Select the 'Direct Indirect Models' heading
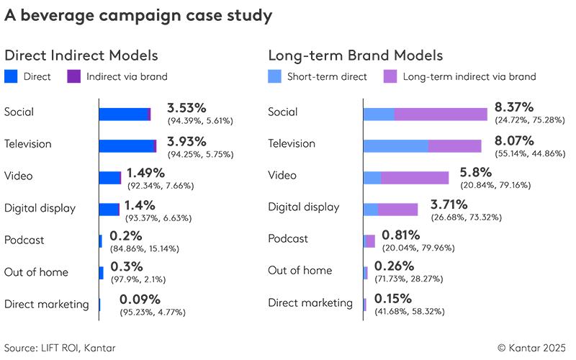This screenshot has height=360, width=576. [x=81, y=55]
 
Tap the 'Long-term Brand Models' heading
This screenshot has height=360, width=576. [x=355, y=55]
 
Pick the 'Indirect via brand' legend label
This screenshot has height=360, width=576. [x=127, y=76]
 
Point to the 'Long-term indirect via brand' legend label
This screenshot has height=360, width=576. [x=469, y=76]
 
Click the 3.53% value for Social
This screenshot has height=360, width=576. [x=186, y=108]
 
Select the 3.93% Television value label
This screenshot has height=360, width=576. [x=186, y=140]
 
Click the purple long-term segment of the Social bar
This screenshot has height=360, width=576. [x=441, y=114]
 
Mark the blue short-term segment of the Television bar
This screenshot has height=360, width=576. [x=396, y=146]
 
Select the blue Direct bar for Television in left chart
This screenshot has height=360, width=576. [x=127, y=146]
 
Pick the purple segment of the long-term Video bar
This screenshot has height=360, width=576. [x=415, y=178]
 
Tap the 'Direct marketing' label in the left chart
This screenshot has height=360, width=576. [x=46, y=304]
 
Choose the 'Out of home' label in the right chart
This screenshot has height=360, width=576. [x=300, y=271]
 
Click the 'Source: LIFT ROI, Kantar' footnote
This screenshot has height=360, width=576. [x=59, y=348]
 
